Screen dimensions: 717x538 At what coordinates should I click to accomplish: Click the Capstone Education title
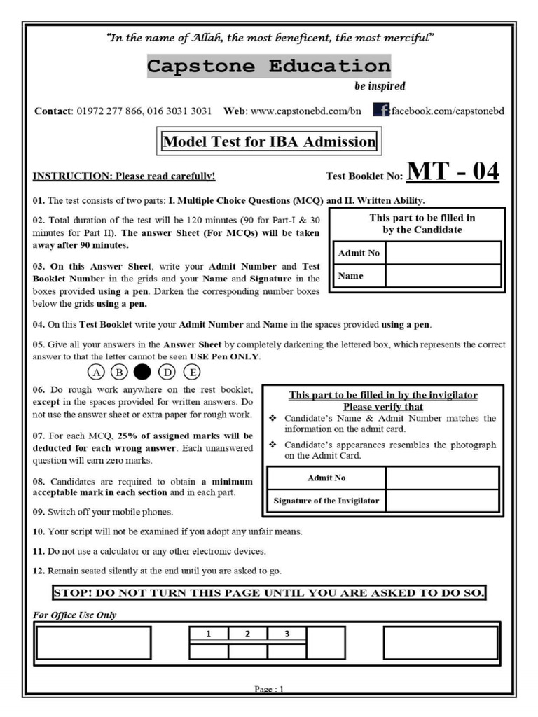point(268,67)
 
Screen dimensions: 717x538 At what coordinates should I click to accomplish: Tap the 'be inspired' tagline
point(376,87)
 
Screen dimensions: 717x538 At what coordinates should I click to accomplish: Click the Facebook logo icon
point(381,110)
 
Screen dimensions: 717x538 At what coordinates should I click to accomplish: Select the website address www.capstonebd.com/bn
point(305,111)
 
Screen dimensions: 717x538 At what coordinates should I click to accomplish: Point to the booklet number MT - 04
point(453,171)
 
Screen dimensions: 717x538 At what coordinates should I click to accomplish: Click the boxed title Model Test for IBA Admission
point(269,141)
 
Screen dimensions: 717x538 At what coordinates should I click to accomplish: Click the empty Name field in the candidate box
point(443,276)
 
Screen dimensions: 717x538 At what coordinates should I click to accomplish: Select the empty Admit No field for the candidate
point(443,253)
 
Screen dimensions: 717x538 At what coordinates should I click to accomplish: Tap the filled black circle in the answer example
point(142,372)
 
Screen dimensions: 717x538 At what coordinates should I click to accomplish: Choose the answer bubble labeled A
point(96,372)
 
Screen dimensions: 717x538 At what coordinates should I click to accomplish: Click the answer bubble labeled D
point(167,372)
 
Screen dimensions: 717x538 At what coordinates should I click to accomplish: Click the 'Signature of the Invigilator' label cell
point(326,501)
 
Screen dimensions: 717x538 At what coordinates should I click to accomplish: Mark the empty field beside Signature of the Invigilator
point(442,501)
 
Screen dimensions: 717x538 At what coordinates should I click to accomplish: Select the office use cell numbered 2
point(247,634)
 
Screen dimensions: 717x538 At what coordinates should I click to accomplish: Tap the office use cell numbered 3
point(287,634)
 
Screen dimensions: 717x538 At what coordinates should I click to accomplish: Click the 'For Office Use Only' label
point(75,615)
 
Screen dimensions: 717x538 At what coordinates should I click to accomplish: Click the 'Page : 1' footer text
point(269,689)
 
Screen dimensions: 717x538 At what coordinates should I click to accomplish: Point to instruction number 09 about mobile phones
point(103,512)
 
